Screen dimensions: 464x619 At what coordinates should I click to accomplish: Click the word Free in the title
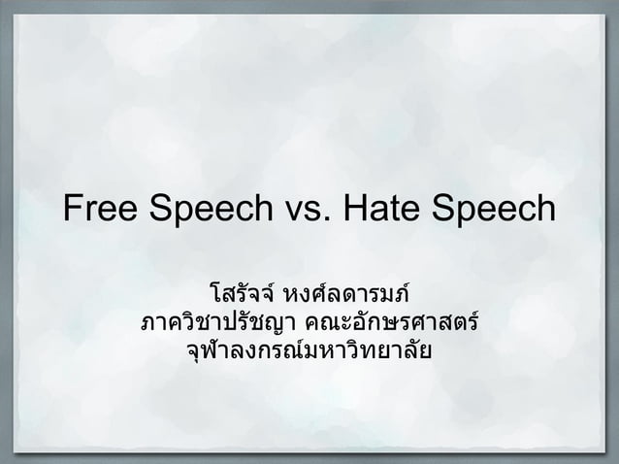tap(101, 209)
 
